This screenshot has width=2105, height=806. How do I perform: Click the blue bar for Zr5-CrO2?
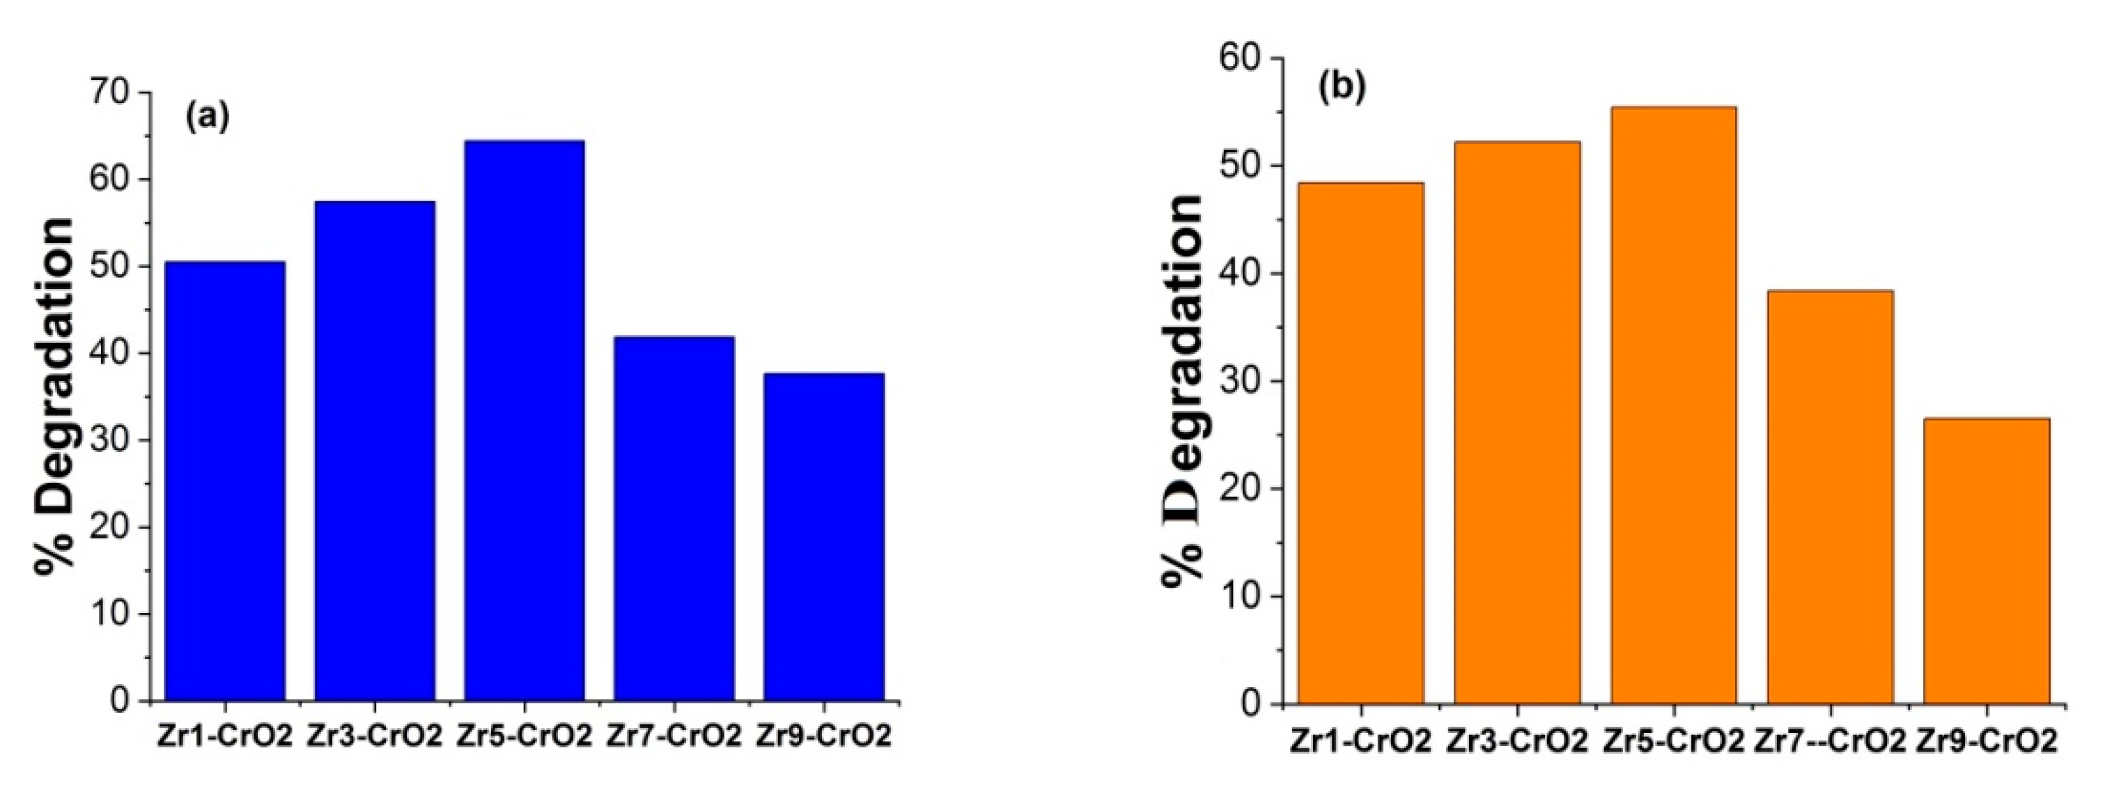click(524, 421)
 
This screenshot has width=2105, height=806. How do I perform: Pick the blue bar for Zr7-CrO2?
click(674, 518)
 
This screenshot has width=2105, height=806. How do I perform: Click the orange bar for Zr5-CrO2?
click(1674, 405)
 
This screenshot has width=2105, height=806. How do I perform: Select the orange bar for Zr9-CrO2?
click(1987, 561)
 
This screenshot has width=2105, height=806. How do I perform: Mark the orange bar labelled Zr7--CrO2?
click(1831, 497)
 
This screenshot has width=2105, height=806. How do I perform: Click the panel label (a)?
click(208, 118)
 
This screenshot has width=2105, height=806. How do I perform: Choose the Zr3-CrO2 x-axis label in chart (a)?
click(374, 736)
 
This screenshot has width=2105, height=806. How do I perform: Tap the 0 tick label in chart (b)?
click(1250, 704)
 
